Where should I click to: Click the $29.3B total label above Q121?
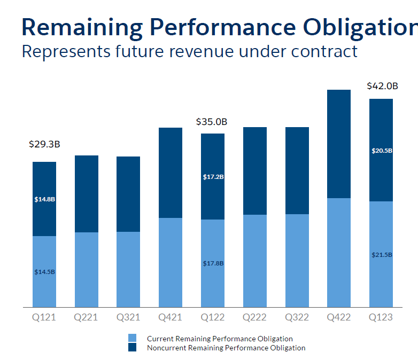[x=44, y=144]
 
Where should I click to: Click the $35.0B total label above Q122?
[x=212, y=122]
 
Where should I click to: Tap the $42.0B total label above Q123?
[x=382, y=86]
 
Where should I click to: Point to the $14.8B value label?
[x=44, y=199]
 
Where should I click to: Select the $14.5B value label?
[x=44, y=272]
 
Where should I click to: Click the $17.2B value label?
[x=213, y=177]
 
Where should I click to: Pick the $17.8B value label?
[x=213, y=263]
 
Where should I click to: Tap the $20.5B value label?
[x=382, y=151]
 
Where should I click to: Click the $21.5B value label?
[x=382, y=255]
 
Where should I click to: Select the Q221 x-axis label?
[x=86, y=317]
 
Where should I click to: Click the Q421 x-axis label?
[x=171, y=317]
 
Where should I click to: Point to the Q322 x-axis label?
[x=297, y=317]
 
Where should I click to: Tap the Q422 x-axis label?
[x=339, y=317]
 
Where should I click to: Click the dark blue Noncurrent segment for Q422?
[x=339, y=144]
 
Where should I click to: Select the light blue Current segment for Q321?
[x=128, y=270]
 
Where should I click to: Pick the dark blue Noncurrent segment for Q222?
[x=255, y=171]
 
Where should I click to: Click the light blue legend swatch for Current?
[x=133, y=339]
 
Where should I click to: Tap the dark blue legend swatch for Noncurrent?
[x=133, y=348]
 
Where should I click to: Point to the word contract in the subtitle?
[x=323, y=52]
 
